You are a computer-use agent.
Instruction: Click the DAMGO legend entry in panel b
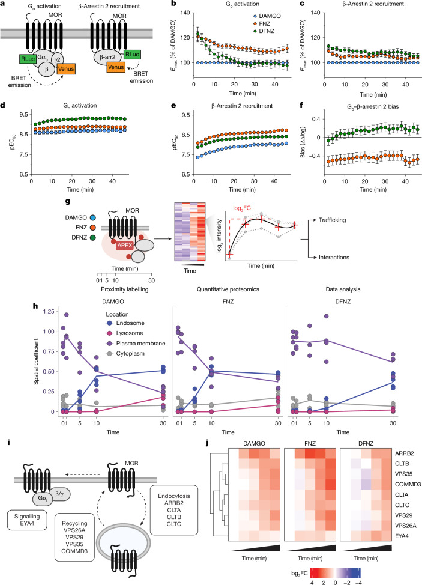(266, 16)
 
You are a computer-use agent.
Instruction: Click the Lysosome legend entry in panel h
(125, 333)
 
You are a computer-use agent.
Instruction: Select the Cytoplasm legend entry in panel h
(125, 353)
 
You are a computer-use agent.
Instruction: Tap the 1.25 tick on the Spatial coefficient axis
(49, 312)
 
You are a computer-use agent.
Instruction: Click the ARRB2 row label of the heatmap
(404, 453)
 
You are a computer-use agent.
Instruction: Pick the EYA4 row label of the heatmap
(402, 536)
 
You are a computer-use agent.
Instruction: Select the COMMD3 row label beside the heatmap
(408, 484)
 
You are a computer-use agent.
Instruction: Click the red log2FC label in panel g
(243, 208)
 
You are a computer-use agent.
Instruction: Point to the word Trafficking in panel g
(332, 220)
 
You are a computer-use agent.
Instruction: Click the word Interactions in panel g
(334, 258)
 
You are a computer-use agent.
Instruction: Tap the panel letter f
(301, 106)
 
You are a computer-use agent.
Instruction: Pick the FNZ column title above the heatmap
(310, 444)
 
